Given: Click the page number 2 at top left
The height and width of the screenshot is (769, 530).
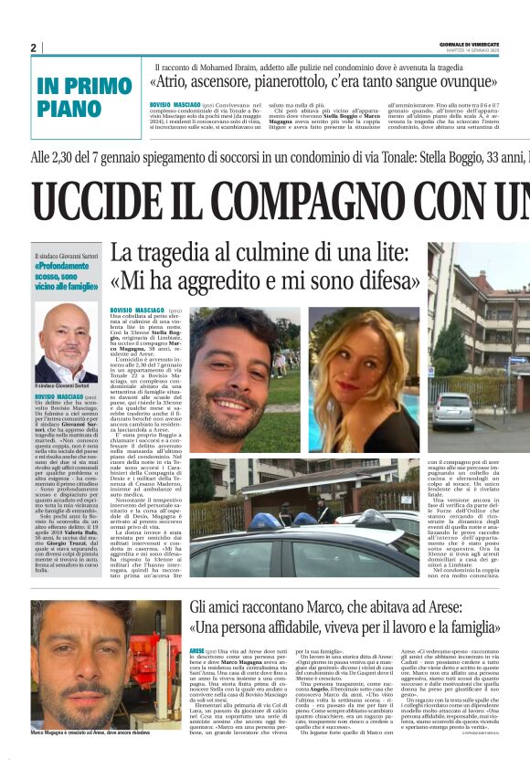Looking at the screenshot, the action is [x=33, y=47].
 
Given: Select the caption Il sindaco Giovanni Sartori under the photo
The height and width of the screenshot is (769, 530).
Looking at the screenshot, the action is [x=63, y=387].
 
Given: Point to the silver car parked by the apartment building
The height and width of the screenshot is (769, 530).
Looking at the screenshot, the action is [x=454, y=411].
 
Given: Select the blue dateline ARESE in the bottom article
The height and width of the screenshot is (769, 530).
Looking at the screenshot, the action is [x=196, y=649].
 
